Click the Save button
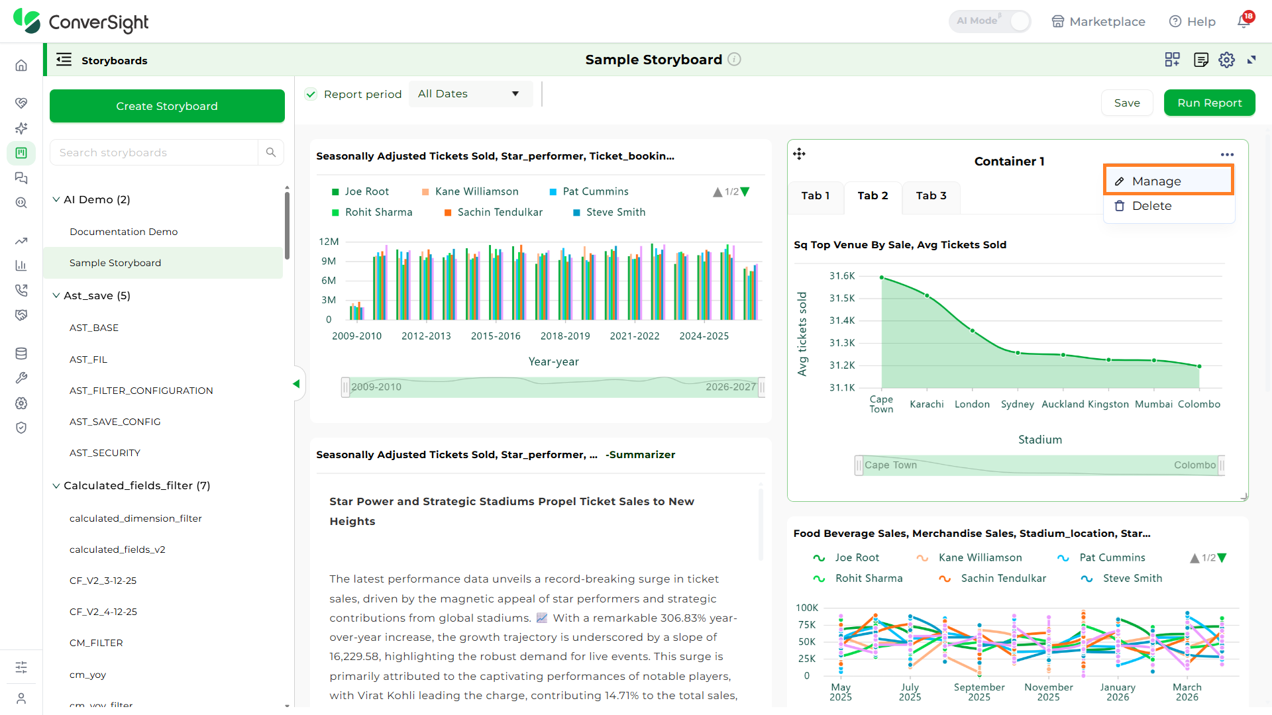coord(1127,103)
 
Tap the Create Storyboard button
coord(167,106)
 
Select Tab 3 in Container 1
coord(931,196)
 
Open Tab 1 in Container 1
coord(816,196)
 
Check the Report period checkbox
coord(311,94)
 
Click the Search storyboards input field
coord(154,152)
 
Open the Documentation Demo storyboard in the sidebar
coord(123,232)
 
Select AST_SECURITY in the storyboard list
coord(105,453)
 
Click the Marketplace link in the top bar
coord(1098,21)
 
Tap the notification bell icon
coord(1244,21)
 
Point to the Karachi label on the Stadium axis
coord(926,404)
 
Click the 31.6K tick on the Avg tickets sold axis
coord(842,275)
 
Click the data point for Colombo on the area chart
coord(1199,366)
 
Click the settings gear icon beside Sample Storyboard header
coord(1226,60)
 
